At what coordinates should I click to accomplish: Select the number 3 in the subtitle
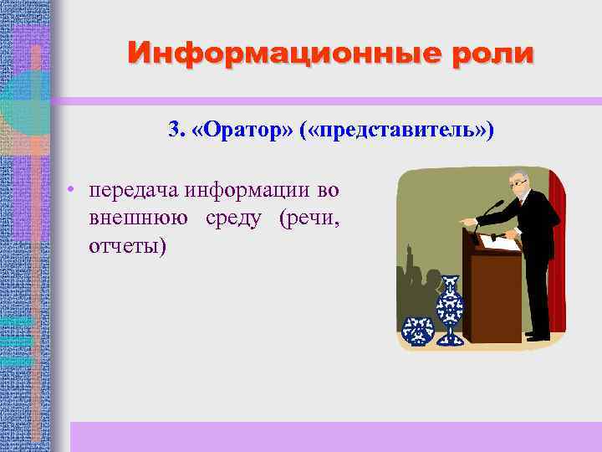click(x=173, y=130)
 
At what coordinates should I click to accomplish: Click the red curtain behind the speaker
click(x=556, y=251)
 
